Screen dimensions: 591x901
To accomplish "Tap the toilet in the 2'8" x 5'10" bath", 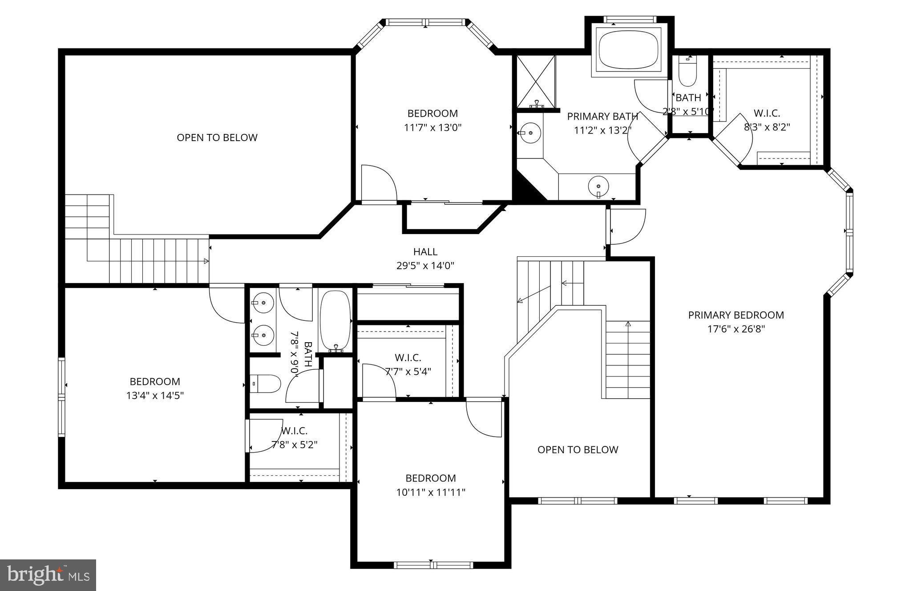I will [x=687, y=73].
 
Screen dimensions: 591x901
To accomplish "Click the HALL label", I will [x=425, y=251].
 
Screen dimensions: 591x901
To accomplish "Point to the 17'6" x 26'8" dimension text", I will [x=736, y=329].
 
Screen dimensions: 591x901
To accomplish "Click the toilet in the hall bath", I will [x=266, y=384].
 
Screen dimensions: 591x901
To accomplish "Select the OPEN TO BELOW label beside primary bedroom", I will [x=578, y=449].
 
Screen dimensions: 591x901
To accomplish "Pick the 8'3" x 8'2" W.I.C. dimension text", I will [x=767, y=127].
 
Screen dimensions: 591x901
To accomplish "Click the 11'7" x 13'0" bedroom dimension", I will [x=432, y=128].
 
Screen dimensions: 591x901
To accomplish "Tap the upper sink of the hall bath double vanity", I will [x=263, y=303].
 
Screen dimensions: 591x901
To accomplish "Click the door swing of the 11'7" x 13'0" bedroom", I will [x=378, y=184].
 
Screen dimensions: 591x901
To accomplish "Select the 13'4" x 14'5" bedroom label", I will [x=155, y=381].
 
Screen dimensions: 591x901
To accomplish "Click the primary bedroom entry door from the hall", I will [x=626, y=227].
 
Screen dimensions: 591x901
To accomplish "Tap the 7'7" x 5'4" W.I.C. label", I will [x=408, y=357].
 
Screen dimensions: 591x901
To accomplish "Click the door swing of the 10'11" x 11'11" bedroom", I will [x=484, y=418].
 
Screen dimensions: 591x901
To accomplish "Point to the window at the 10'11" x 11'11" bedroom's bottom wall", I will [x=431, y=565].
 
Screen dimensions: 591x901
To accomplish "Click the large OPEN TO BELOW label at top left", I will [x=217, y=138].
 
